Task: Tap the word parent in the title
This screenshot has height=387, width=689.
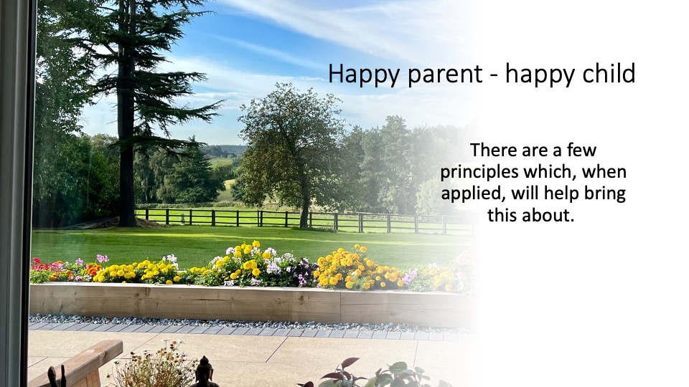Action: [445, 75]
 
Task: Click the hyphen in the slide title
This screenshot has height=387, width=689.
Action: [494, 75]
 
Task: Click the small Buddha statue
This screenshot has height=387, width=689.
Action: [204, 372]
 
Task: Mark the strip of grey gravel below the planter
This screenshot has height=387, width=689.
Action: [250, 322]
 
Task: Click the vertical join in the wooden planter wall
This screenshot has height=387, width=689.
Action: [340, 307]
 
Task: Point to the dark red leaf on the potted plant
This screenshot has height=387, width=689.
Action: [349, 363]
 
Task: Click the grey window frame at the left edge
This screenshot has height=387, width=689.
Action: [15, 193]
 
